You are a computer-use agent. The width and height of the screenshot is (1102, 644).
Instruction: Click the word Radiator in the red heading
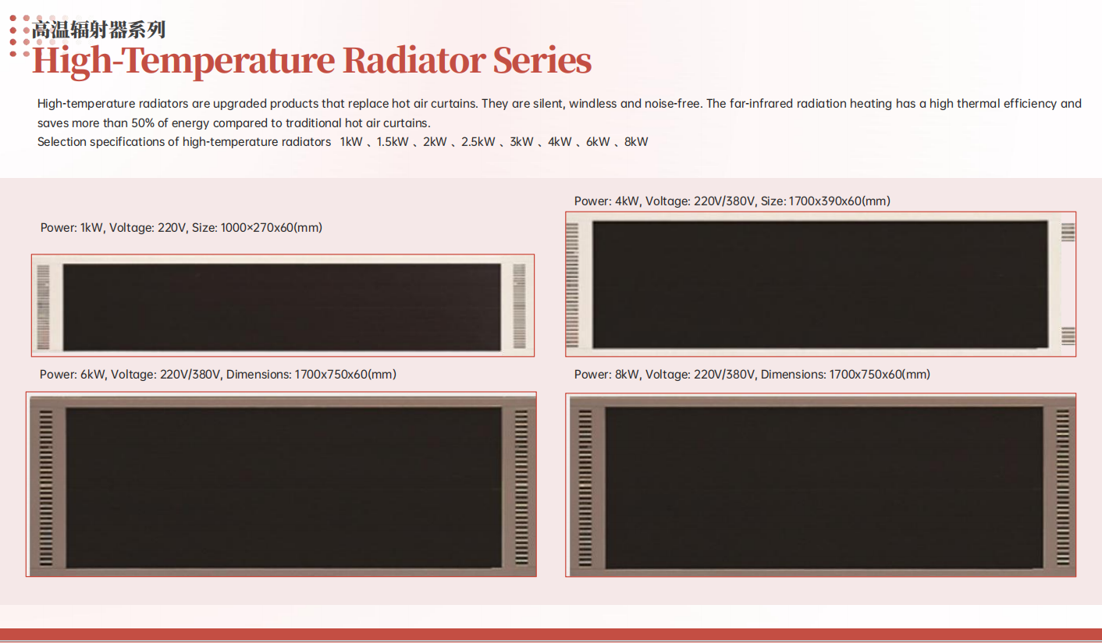coord(414,61)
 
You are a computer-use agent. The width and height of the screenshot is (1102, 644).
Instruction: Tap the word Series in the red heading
coord(542,61)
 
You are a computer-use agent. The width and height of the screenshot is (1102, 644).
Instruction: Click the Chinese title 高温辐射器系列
coord(98,30)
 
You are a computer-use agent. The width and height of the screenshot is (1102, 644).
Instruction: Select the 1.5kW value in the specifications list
coord(393,142)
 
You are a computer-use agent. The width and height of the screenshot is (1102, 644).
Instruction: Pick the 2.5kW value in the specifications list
coord(478,142)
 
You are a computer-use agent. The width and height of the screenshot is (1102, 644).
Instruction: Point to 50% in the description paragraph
coord(143,123)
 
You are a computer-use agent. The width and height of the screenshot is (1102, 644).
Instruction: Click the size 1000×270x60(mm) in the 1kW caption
coord(272,228)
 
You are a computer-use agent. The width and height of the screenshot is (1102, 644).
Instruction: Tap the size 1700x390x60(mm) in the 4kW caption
coord(839,201)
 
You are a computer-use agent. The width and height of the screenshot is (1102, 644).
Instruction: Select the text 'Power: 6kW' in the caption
coord(73,375)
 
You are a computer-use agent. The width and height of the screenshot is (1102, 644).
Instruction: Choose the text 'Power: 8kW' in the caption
coord(607,375)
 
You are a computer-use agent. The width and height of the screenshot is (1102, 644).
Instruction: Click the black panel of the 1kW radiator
coord(282,307)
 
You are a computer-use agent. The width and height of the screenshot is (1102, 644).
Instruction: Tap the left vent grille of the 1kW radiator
coord(43,307)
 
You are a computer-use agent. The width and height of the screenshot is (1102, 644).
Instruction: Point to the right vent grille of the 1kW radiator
coord(519,306)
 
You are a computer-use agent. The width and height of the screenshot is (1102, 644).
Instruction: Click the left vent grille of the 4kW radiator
coord(572,286)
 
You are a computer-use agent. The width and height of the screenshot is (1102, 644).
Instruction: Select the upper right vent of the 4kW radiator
coord(1068,232)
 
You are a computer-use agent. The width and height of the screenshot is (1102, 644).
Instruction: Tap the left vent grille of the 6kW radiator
coord(46,488)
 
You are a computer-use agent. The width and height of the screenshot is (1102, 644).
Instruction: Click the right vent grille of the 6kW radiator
coord(521,487)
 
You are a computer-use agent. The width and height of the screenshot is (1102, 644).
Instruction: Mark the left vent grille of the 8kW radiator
coord(585,488)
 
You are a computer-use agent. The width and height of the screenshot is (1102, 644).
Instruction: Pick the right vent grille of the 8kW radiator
coord(1063,487)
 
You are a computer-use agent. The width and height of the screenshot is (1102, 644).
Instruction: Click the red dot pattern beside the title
coord(20,36)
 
